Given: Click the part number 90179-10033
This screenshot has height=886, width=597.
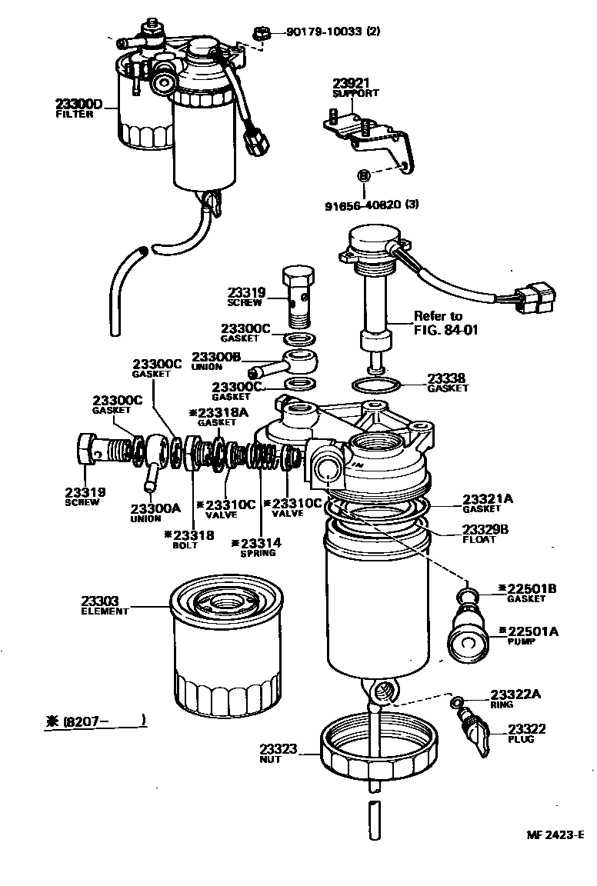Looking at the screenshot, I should click(332, 32).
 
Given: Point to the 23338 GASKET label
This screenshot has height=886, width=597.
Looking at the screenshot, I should click(448, 383).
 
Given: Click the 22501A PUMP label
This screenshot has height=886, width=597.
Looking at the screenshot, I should click(532, 635).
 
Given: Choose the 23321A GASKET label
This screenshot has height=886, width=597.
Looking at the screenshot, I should click(487, 503).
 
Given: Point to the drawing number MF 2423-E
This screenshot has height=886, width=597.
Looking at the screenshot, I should click(555, 834).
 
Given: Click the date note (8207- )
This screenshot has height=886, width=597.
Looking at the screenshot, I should click(95, 721).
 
